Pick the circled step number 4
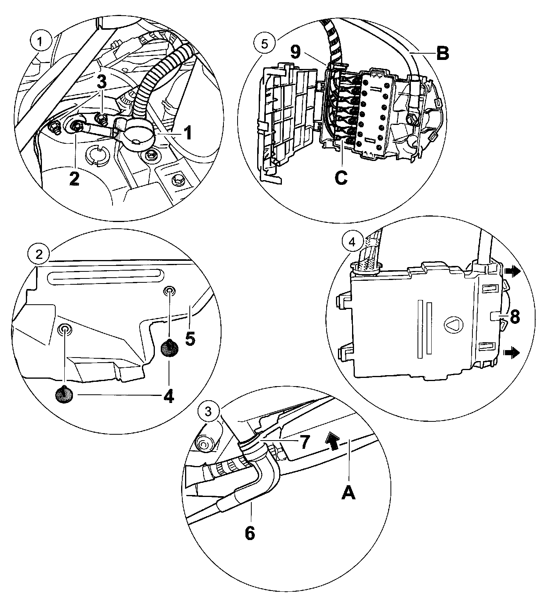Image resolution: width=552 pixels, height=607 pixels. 352,242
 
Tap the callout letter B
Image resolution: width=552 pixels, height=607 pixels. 442,54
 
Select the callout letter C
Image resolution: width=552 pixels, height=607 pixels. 341,178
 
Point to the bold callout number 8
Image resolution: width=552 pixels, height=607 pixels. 514,317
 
